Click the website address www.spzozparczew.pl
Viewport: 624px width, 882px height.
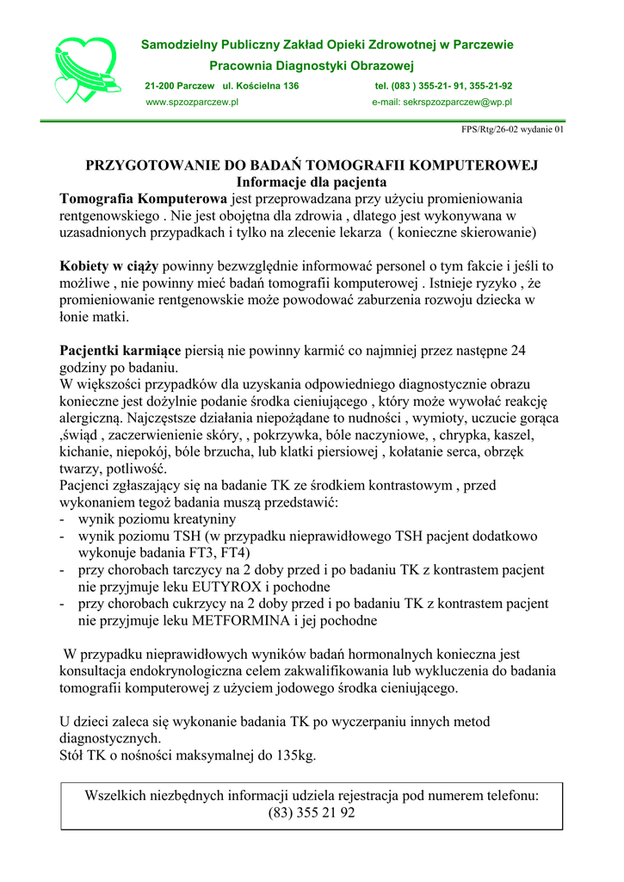[191, 102]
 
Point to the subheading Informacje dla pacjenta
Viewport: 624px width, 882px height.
[311, 183]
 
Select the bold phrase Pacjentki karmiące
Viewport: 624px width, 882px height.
[120, 351]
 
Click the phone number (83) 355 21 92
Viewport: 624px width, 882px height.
[311, 813]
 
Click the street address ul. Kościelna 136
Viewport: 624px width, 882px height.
[261, 86]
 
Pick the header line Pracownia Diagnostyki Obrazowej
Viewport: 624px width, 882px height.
[312, 65]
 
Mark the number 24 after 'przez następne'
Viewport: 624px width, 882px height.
[517, 351]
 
